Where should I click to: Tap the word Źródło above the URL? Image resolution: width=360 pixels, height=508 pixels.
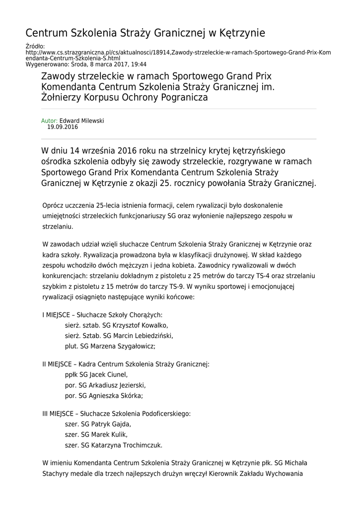point(34,47)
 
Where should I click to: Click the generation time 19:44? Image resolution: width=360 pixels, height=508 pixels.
point(139,64)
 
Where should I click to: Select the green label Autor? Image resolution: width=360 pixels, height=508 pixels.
point(49,121)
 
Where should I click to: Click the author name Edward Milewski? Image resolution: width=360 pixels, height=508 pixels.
point(82,121)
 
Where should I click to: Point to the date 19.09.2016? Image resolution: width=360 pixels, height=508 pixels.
point(63,127)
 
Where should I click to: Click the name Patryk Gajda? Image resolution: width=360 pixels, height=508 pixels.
point(111,424)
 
